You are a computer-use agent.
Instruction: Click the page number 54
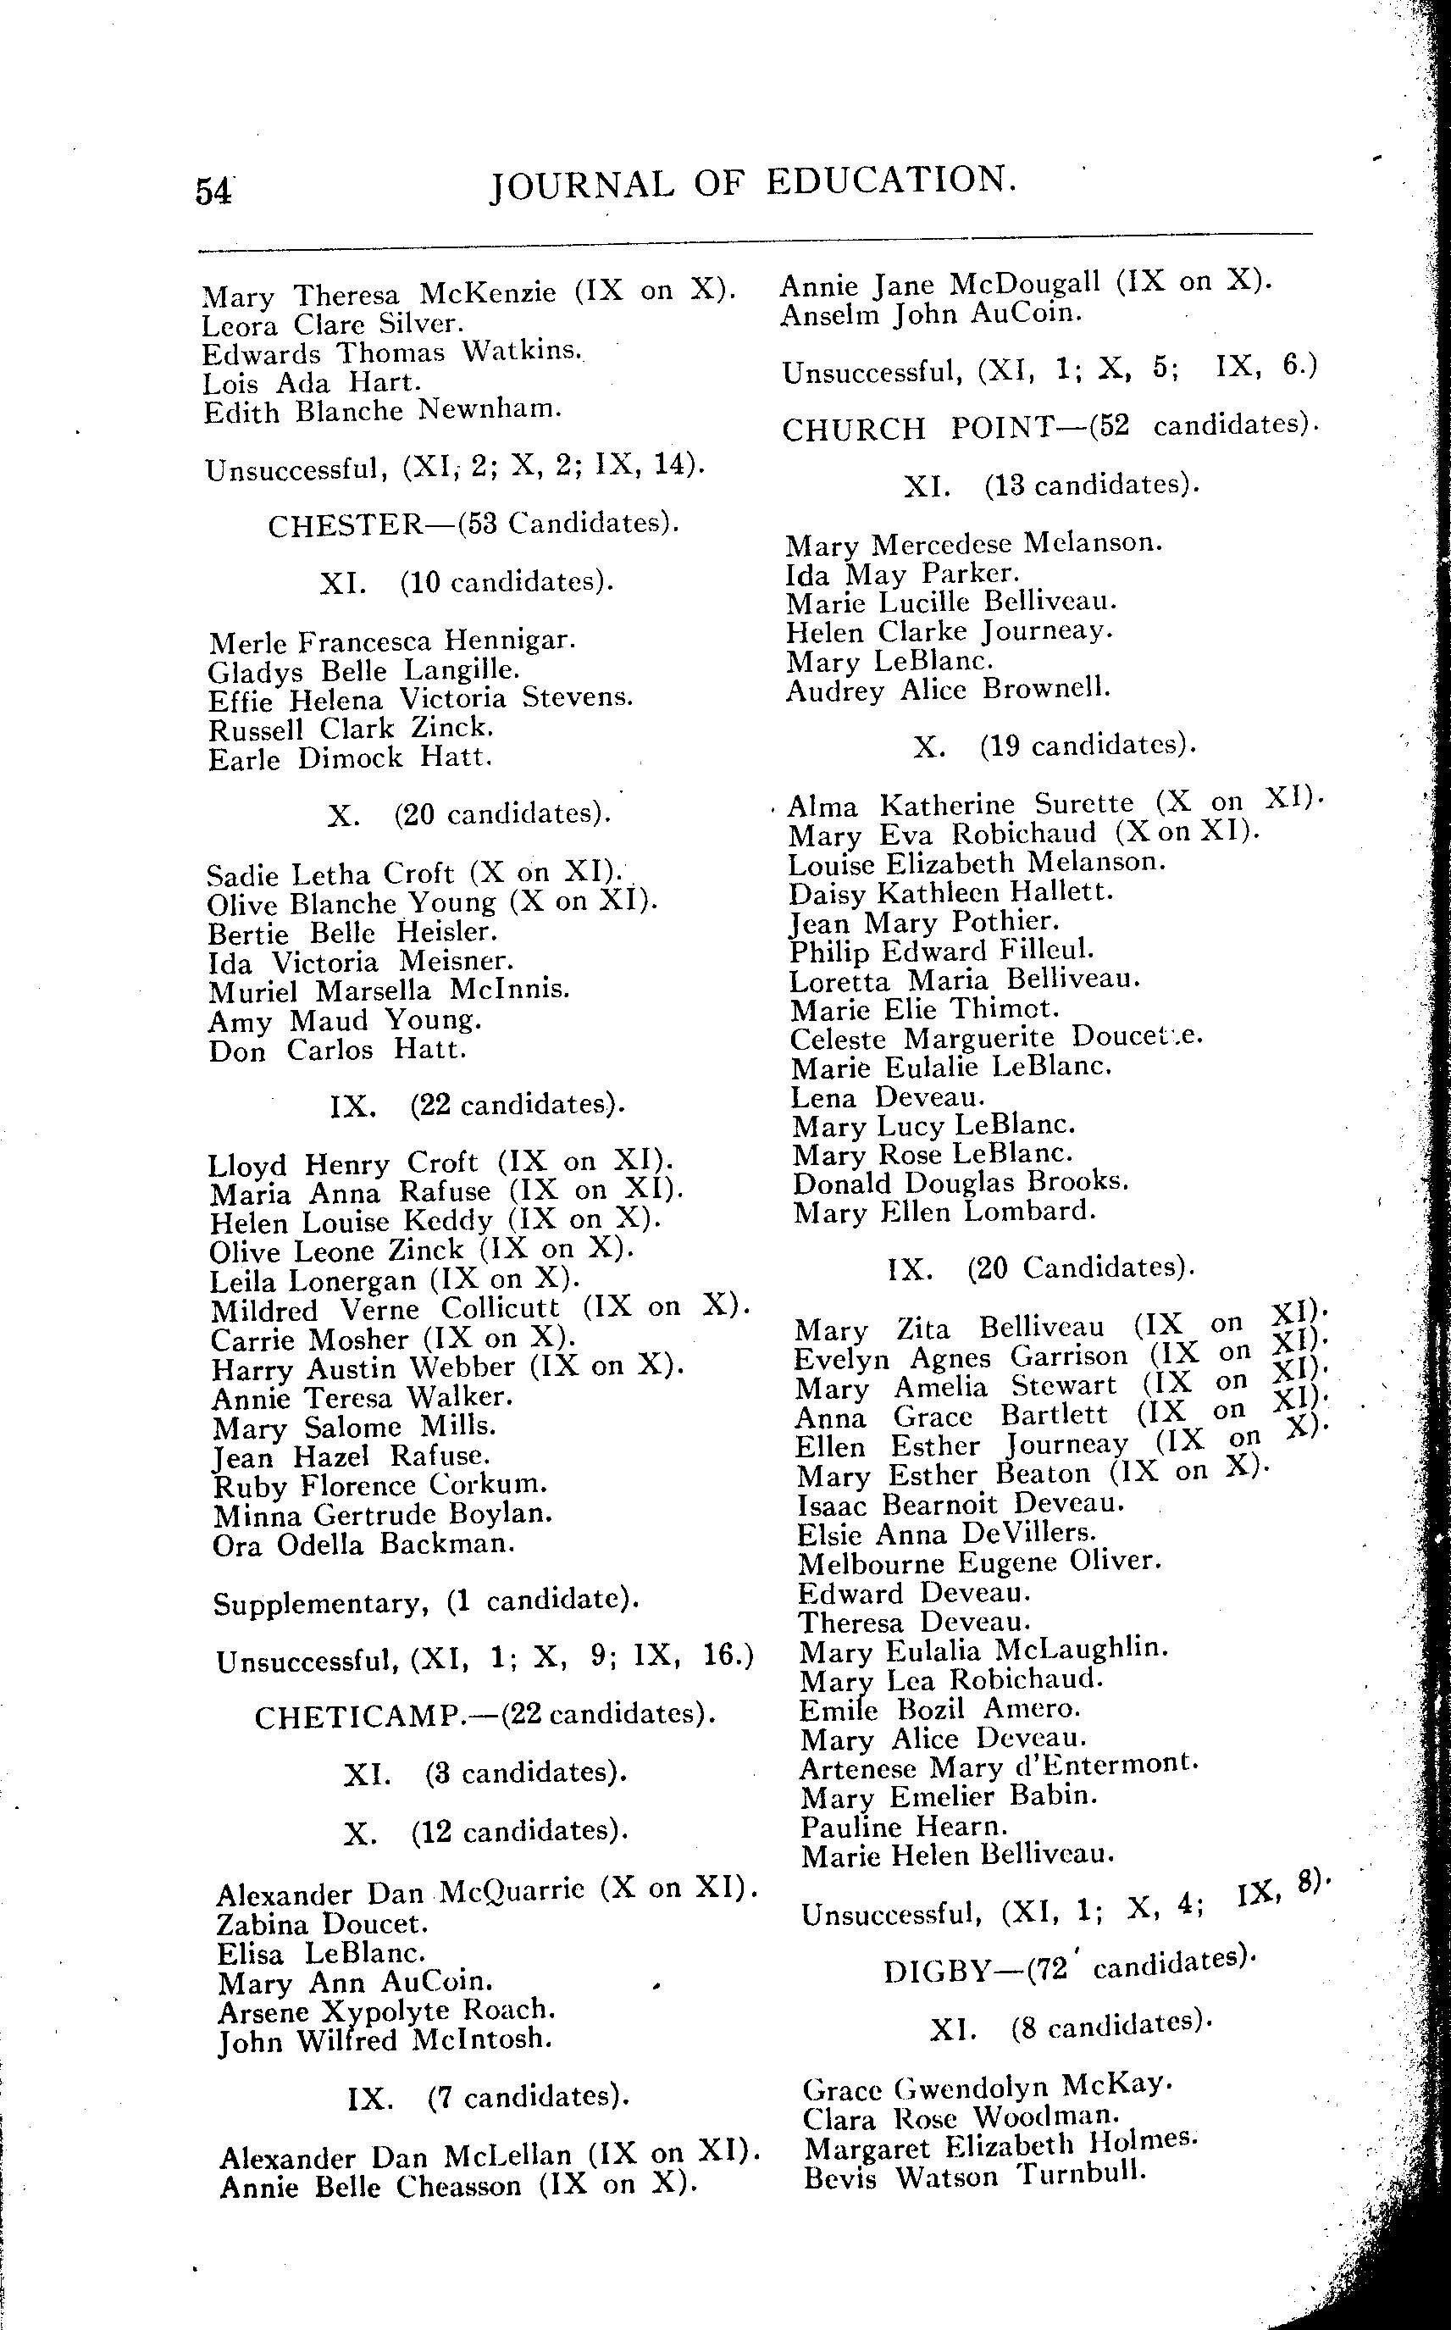(x=213, y=191)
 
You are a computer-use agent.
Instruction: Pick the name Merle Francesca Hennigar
(x=391, y=641)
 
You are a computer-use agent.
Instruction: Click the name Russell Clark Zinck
(x=352, y=730)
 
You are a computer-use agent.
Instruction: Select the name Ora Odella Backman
(x=363, y=1544)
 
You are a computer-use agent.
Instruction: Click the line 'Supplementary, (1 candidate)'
(x=426, y=1601)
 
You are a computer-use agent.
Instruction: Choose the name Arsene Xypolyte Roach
(x=387, y=2010)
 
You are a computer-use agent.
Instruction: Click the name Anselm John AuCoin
(x=931, y=313)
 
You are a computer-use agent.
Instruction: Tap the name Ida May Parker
(x=901, y=574)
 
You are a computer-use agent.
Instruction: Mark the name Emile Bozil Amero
(x=939, y=1708)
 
